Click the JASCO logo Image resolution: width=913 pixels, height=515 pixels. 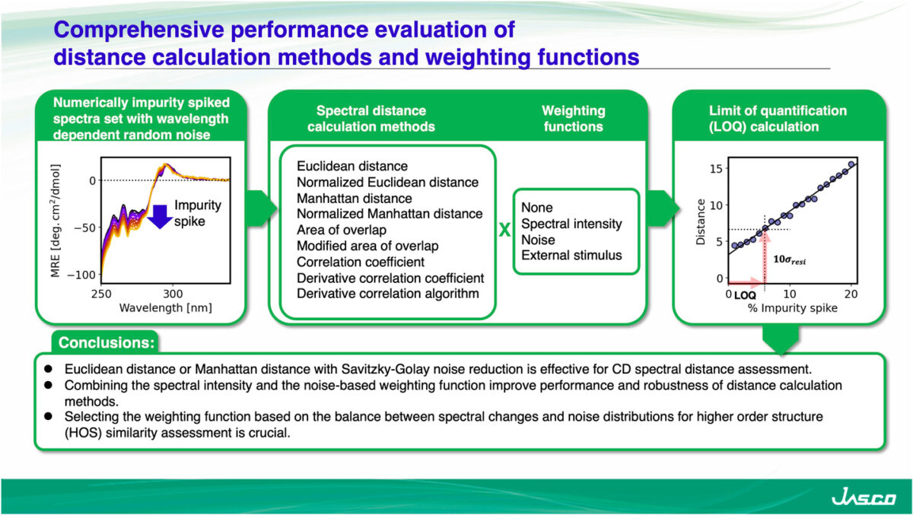[x=864, y=498]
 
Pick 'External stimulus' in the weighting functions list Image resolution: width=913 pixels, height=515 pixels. [x=571, y=255]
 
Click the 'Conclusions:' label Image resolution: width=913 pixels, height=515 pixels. [x=107, y=343]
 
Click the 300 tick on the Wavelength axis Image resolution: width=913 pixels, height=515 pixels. [x=173, y=294]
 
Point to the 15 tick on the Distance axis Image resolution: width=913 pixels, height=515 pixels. [x=714, y=168]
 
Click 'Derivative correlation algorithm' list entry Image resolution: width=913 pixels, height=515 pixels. [x=388, y=293]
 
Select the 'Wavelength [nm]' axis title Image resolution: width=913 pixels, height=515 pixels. [x=165, y=308]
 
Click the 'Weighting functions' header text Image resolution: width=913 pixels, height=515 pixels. [x=574, y=118]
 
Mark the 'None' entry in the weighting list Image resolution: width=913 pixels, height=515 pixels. [x=537, y=208]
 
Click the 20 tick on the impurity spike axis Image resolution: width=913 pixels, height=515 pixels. [x=852, y=294]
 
